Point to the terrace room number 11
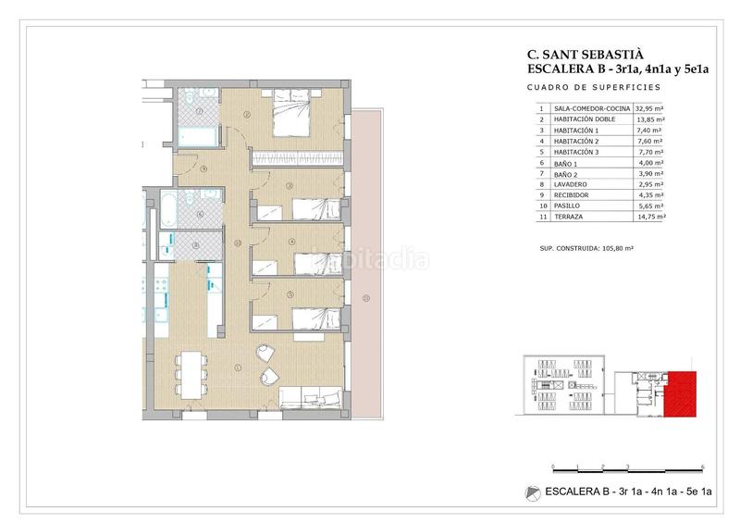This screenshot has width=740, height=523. pyautogui.click(x=365, y=298)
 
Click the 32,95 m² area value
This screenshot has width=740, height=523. pyautogui.click(x=649, y=108)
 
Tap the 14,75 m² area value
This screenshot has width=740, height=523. pyautogui.click(x=649, y=218)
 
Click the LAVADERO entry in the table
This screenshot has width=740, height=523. pyautogui.click(x=570, y=184)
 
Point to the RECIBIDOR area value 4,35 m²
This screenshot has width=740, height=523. pyautogui.click(x=649, y=195)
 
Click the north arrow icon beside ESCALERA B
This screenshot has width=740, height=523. pyautogui.click(x=531, y=492)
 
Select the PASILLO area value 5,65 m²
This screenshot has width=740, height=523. pyautogui.click(x=649, y=206)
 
